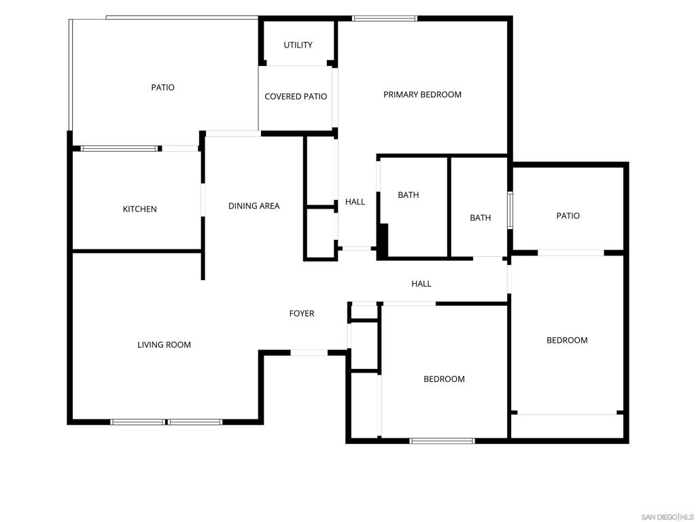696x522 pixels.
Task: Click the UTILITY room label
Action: tap(298, 45)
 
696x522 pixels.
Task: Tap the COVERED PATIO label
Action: tap(296, 97)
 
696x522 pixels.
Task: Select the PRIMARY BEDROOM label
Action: tap(422, 94)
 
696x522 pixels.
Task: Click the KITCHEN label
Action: tap(140, 209)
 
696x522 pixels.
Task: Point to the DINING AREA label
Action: tap(254, 206)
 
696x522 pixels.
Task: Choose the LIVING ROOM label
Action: tap(164, 345)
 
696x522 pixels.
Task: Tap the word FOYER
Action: tap(302, 313)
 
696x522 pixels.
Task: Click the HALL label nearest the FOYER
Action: tap(421, 283)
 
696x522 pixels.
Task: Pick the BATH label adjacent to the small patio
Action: tap(481, 218)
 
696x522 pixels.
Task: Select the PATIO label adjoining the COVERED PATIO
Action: tap(163, 88)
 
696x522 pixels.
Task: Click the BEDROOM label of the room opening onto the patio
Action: tap(567, 341)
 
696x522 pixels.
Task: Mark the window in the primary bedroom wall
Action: tap(385, 18)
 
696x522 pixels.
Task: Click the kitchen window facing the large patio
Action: tap(119, 149)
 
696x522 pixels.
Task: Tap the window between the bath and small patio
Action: tap(510, 210)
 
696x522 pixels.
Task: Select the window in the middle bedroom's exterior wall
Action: tap(442, 440)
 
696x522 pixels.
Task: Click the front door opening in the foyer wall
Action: tap(309, 353)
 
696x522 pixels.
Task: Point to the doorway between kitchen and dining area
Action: tap(203, 200)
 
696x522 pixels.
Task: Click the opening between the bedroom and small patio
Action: tap(571, 253)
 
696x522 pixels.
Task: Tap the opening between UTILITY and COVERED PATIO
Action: tap(296, 66)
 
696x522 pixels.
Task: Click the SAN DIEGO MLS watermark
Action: tap(667, 517)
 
